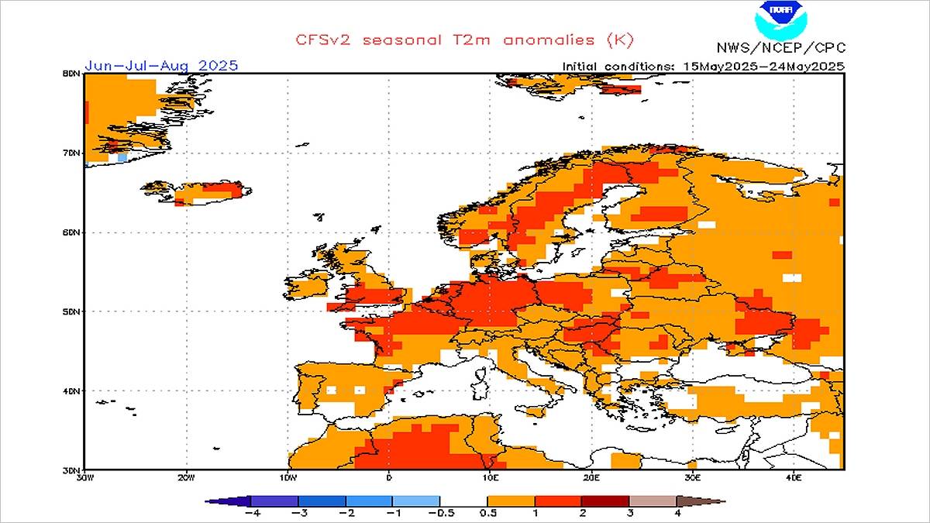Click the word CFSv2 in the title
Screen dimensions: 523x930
320,39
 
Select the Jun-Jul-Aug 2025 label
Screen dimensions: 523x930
160,65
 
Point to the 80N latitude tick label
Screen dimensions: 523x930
73,74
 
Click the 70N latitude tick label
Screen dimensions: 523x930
73,153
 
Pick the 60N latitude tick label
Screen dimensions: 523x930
73,232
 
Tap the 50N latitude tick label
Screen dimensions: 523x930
73,311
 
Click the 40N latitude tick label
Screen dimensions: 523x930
73,391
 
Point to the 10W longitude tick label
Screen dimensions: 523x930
288,477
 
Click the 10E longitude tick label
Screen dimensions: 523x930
490,477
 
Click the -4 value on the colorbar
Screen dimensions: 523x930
250,513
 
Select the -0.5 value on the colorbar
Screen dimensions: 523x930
440,513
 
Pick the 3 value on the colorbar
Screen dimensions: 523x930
629,513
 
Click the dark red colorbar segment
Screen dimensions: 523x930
605,501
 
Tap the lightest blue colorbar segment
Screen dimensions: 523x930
416,501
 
